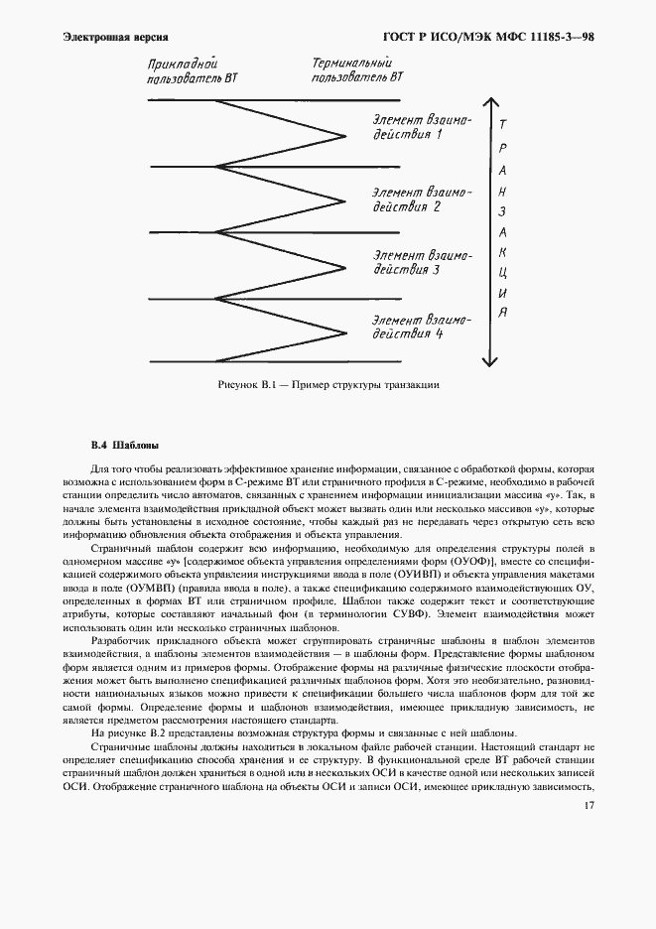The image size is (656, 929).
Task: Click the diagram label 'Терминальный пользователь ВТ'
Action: (x=356, y=68)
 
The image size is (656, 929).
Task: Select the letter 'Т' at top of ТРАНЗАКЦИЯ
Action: (x=504, y=125)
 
